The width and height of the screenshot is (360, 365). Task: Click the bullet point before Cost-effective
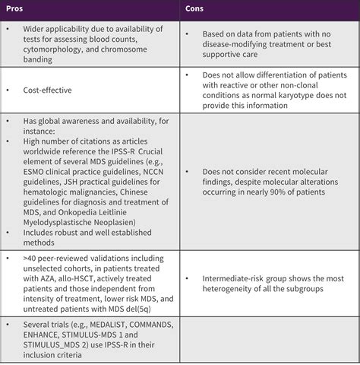(x=7, y=90)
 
